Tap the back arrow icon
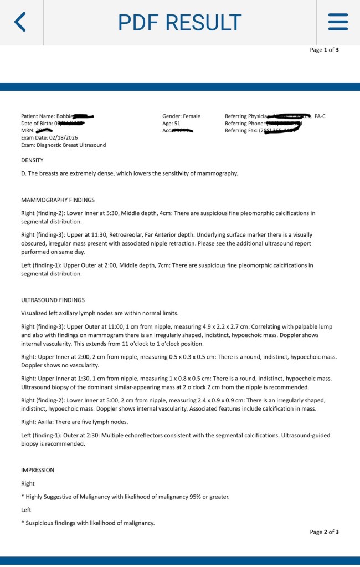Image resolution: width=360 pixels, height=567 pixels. [x=20, y=22]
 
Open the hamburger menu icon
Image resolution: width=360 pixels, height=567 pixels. [x=338, y=22]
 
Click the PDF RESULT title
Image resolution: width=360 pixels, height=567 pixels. [x=180, y=22]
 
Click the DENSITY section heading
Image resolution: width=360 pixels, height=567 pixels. [x=32, y=160]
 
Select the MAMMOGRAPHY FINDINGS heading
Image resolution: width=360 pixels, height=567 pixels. [x=58, y=200]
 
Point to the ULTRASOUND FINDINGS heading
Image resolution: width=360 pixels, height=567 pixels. [x=53, y=300]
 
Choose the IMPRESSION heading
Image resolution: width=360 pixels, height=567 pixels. [x=38, y=470]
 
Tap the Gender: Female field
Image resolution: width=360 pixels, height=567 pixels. [x=182, y=116]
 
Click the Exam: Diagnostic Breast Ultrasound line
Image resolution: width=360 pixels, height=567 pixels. [x=63, y=145]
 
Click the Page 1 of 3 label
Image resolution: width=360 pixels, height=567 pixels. [x=324, y=50]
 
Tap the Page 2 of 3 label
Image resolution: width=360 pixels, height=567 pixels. [x=324, y=532]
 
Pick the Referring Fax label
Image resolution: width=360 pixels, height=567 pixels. [x=241, y=130]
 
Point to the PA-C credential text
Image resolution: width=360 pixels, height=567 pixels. [x=320, y=116]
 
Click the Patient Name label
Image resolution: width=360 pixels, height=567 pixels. [x=38, y=116]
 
